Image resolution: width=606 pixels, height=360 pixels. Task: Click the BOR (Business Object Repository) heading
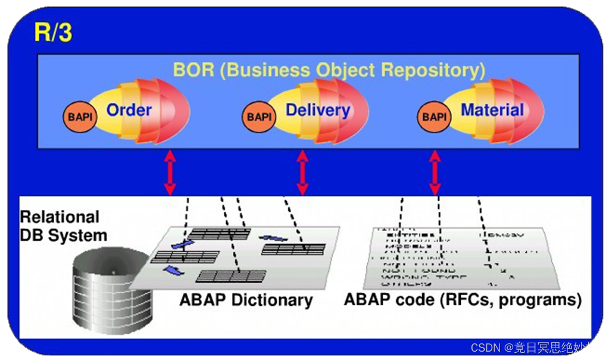329,70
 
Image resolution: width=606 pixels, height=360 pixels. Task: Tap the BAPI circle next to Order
80,117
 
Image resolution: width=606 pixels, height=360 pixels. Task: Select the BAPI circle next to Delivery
259,117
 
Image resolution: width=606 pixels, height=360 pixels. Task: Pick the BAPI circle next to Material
434,117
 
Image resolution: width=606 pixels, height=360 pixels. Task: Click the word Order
129,110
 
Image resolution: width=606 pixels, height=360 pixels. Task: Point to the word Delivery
318,110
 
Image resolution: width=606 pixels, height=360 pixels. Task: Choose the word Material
492,110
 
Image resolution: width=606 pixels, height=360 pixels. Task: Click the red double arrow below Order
170,173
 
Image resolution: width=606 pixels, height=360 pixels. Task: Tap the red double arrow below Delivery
302,173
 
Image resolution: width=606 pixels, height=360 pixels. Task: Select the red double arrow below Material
435,173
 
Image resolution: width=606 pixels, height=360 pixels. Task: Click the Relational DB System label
63,226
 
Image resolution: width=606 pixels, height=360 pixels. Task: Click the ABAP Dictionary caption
246,300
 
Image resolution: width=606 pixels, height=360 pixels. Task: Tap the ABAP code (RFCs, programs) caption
463,300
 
